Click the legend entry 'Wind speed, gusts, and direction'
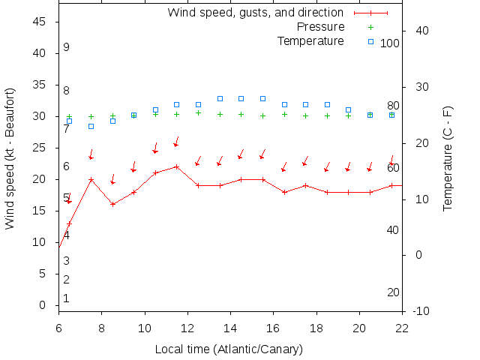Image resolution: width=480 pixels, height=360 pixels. (x=255, y=13)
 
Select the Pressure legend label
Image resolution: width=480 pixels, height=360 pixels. (x=310, y=27)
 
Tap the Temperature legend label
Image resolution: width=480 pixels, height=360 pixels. (x=310, y=40)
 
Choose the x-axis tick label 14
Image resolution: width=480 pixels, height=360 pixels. (x=230, y=327)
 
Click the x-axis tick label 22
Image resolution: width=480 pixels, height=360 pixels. (x=402, y=327)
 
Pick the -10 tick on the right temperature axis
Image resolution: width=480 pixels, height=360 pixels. (x=421, y=311)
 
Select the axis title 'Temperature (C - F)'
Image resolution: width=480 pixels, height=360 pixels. (x=448, y=158)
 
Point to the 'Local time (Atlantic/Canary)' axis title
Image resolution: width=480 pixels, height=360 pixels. (x=229, y=349)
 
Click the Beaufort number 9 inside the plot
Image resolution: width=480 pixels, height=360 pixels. (x=66, y=47)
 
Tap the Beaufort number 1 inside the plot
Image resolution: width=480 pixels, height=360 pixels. (x=66, y=298)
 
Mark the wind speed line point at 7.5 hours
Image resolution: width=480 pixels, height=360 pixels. (x=91, y=180)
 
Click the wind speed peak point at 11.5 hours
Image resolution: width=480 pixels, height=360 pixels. (x=176, y=166)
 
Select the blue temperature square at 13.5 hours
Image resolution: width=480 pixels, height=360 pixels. (x=220, y=98)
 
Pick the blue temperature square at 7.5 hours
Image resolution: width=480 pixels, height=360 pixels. (x=91, y=126)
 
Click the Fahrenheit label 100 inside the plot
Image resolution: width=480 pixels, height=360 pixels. (x=390, y=43)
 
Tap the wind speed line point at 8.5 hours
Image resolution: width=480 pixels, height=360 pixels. (x=112, y=204)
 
